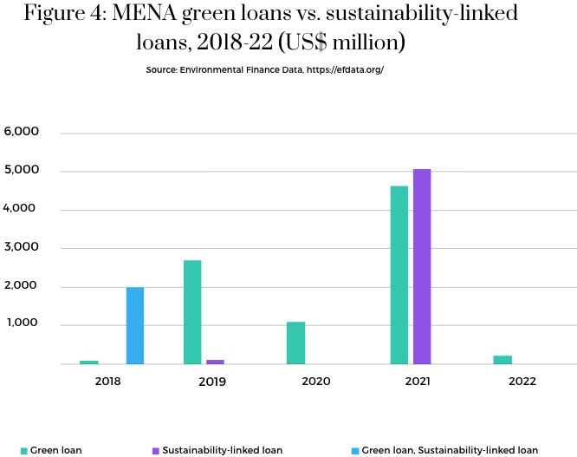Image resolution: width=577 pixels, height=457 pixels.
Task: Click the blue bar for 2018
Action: [x=135, y=325]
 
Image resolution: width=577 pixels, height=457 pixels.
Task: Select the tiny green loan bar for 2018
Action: [x=89, y=362]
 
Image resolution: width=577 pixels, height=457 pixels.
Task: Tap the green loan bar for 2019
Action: [x=192, y=312]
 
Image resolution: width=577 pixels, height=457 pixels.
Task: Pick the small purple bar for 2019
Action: [x=216, y=362]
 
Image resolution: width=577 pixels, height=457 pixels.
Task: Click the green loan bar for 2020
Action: [x=295, y=343]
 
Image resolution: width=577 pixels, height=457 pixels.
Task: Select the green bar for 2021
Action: [x=399, y=275]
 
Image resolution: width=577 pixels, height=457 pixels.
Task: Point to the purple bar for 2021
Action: [x=422, y=266]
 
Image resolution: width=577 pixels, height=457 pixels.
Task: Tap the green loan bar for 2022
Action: [x=502, y=360]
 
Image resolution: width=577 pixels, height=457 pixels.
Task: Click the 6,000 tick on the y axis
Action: [x=23, y=133]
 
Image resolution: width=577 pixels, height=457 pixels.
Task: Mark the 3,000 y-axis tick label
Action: [x=23, y=248]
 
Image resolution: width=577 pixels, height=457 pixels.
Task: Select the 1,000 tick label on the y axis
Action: [x=23, y=324]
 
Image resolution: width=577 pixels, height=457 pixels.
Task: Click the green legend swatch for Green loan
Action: [x=24, y=451]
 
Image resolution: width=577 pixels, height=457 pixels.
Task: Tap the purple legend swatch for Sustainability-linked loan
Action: [x=155, y=451]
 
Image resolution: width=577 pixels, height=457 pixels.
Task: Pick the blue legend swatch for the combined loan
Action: [x=353, y=451]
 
